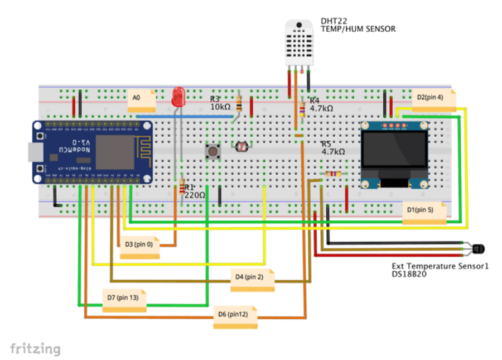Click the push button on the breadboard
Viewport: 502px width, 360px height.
click(x=213, y=151)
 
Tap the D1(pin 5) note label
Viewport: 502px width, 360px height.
click(x=424, y=212)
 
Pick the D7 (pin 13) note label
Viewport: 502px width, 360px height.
click(x=124, y=300)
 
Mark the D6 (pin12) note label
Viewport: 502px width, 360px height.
click(x=235, y=316)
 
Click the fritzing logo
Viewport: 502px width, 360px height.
click(x=35, y=349)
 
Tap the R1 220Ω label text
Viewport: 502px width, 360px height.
click(x=195, y=191)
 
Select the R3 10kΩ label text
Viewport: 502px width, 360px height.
click(x=220, y=103)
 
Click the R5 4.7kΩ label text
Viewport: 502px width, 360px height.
click(x=333, y=148)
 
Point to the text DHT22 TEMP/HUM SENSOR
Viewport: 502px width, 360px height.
click(x=357, y=25)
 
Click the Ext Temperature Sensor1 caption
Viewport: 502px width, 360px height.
click(x=441, y=270)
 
